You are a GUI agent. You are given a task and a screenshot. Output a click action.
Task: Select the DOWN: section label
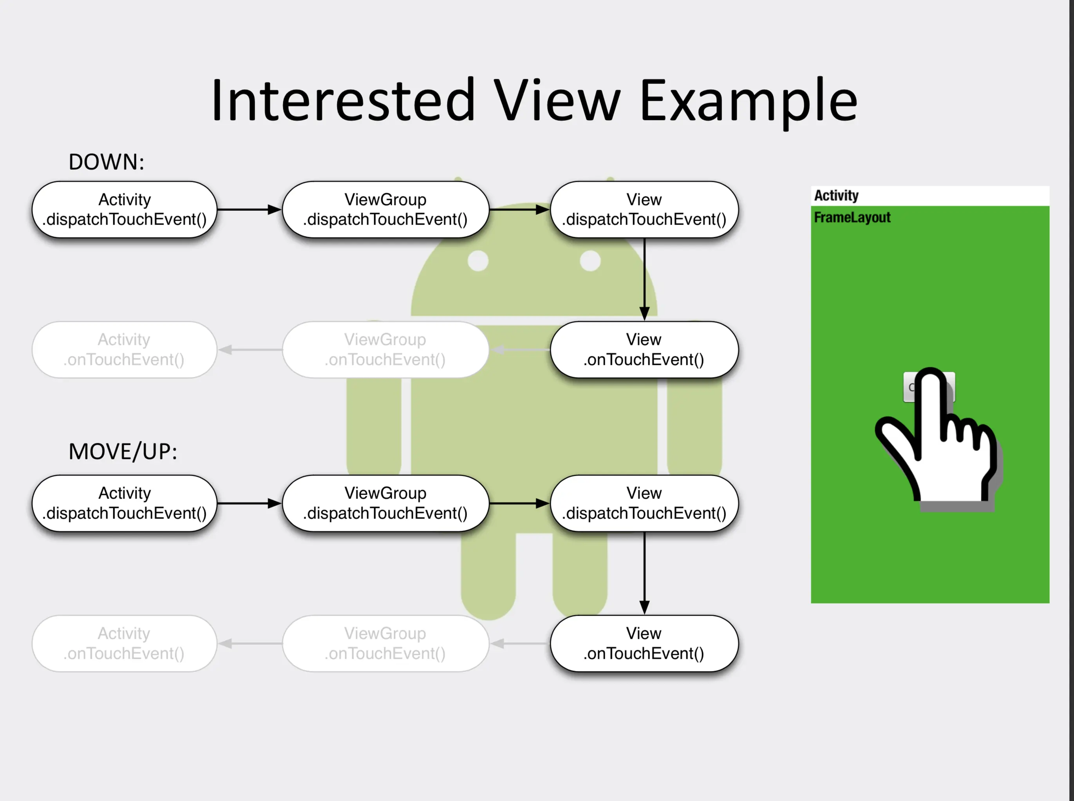point(106,161)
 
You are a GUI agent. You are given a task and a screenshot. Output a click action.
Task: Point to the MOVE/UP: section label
point(123,451)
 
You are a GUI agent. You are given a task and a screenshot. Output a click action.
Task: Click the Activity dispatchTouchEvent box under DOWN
point(125,210)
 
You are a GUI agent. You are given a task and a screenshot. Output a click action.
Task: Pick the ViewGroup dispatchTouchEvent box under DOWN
point(385,210)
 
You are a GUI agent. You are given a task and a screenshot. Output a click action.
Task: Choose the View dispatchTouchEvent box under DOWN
point(644,210)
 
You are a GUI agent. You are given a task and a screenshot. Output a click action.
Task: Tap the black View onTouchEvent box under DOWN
point(644,350)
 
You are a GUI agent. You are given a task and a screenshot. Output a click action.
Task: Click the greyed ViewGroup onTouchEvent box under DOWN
point(385,350)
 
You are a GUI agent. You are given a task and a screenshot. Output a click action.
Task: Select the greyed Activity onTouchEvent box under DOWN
point(125,350)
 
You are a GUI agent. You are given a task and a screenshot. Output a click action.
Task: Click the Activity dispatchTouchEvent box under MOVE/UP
point(125,503)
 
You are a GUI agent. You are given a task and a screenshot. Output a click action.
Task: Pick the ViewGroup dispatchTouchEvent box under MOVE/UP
point(385,503)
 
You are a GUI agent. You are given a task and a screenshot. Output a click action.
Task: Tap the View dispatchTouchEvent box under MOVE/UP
point(644,503)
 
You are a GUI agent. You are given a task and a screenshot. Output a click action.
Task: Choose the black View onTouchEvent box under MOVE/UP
point(644,643)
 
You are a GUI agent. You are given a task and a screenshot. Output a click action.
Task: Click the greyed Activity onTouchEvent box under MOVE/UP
point(125,643)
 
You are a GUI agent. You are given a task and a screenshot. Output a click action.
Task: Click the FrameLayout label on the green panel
point(852,217)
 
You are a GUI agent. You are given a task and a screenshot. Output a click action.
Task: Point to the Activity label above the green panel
point(836,196)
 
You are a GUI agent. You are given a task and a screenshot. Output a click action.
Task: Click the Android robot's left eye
point(478,261)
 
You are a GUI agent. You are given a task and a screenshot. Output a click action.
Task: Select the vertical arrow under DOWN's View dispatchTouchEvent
point(644,279)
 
